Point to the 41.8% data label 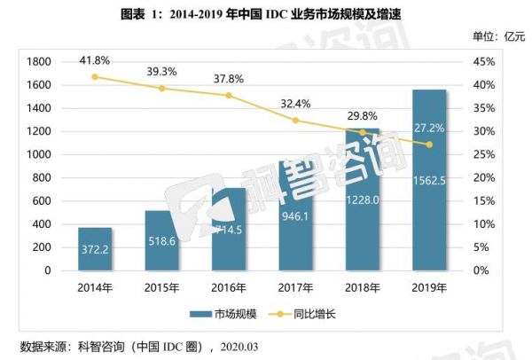(x=95, y=60)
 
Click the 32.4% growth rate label (x=295, y=104)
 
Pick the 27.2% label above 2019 (x=429, y=127)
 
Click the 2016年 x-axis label (x=229, y=289)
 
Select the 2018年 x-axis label (x=363, y=289)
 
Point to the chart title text (x=266, y=12)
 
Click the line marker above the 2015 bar (x=161, y=89)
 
